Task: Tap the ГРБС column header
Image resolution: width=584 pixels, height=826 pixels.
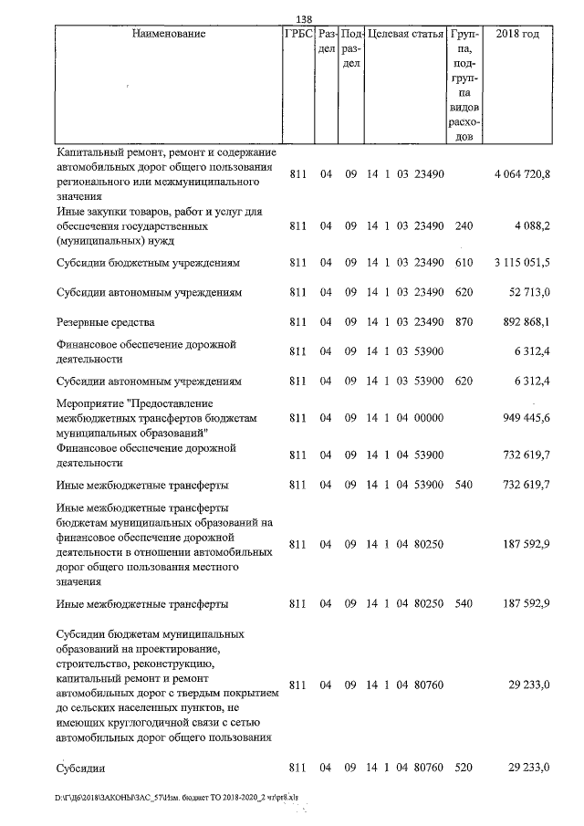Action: pos(299,34)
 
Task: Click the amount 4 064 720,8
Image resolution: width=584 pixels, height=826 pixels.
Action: pos(522,174)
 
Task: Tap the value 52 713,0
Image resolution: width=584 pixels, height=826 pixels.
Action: pos(528,292)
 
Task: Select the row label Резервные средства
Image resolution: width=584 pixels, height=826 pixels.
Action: pos(106,322)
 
